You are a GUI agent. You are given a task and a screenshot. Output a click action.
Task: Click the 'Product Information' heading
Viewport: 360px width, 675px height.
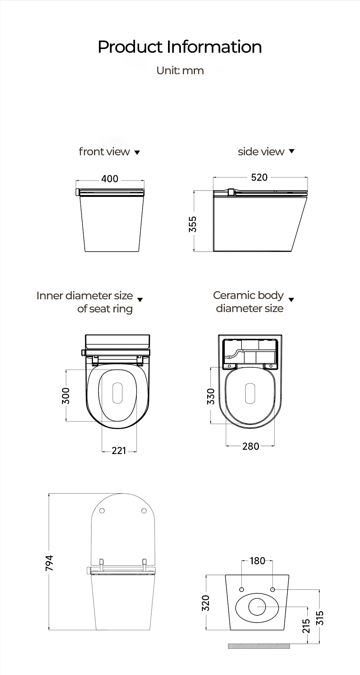point(180,47)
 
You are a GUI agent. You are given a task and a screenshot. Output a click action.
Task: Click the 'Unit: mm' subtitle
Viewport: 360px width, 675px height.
point(180,70)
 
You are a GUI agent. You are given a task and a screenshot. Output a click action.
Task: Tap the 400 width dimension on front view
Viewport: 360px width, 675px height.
point(110,179)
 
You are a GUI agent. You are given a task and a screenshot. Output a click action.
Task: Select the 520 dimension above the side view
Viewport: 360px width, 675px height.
point(259,177)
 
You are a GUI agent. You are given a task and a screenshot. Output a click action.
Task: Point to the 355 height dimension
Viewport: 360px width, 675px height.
point(193,224)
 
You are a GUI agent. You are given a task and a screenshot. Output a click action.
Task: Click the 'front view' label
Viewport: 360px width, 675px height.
point(104,152)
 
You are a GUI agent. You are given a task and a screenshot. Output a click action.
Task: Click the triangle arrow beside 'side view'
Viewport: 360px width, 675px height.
point(291,151)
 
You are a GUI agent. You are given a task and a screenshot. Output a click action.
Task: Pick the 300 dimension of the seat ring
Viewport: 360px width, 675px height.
point(66,396)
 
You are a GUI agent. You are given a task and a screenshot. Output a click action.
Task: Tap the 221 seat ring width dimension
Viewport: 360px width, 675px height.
point(119,451)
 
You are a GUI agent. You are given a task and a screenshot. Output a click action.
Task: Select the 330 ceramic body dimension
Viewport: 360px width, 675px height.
point(211,396)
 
